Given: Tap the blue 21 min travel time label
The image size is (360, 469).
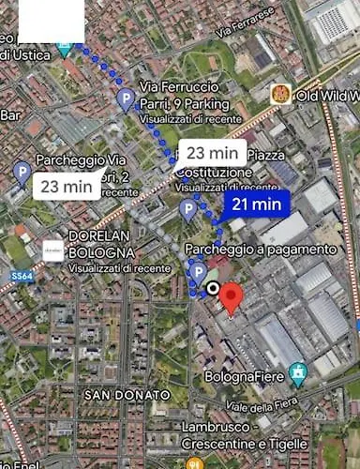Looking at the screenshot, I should (256, 204).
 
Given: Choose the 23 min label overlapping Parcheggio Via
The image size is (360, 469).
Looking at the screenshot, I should (67, 186).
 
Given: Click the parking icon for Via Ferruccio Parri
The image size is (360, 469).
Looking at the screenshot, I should (125, 99).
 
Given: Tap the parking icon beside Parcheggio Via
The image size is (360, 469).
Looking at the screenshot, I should (22, 171).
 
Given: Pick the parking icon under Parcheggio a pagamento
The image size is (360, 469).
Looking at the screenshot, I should (197, 272).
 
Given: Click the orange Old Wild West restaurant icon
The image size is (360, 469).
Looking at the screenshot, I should (278, 94).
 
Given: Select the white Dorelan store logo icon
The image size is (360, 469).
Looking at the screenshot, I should (53, 250).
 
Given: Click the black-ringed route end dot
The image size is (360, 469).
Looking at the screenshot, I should (213, 288).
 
